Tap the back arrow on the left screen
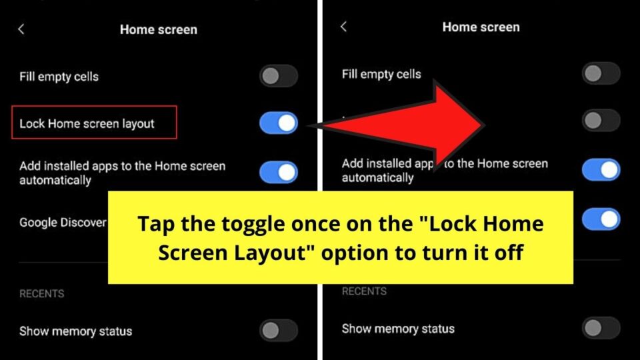click(21, 29)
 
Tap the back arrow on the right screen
click(343, 27)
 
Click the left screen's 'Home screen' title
click(159, 29)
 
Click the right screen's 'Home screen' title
click(481, 27)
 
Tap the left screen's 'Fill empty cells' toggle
click(278, 76)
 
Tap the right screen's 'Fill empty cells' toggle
click(601, 73)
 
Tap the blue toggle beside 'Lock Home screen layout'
click(278, 123)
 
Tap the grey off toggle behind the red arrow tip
click(601, 121)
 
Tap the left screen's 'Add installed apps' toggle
click(278, 172)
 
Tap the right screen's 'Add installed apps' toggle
click(601, 169)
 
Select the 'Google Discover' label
click(63, 223)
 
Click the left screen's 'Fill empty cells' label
click(59, 77)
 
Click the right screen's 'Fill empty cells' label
click(381, 74)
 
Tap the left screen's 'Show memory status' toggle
click(278, 331)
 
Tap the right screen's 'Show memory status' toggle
click(601, 328)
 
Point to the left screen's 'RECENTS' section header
click(41, 293)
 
